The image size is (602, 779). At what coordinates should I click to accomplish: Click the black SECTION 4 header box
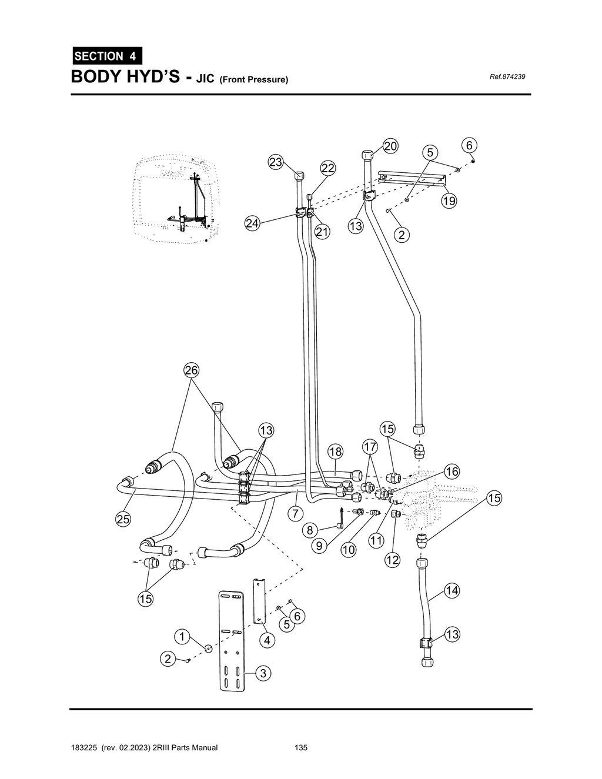coord(106,56)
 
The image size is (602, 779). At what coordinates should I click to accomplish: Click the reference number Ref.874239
coord(507,77)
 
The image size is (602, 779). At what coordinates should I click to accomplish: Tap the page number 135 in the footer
coord(301,748)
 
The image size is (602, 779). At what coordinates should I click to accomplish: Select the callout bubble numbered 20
coord(390,146)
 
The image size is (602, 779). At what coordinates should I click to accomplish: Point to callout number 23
coord(276,162)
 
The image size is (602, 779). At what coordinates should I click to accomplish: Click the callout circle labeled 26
coord(192,370)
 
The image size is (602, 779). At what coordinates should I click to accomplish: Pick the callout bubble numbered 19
coord(449,201)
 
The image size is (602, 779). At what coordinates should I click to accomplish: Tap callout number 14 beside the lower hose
coord(451,590)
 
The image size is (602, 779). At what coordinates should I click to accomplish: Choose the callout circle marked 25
coord(123,519)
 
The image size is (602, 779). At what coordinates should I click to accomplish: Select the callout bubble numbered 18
coord(335,452)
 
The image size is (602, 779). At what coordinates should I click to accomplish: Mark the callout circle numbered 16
coord(451,472)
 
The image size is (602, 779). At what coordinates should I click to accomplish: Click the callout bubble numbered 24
coord(252,223)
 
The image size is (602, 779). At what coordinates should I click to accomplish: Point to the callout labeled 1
coord(182,637)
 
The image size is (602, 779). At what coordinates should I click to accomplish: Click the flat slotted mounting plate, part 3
coord(232,641)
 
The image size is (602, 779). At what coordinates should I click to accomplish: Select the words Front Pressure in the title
coord(253,79)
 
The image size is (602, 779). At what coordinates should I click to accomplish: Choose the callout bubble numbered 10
coord(349,550)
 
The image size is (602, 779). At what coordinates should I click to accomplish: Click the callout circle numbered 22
coord(327,168)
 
